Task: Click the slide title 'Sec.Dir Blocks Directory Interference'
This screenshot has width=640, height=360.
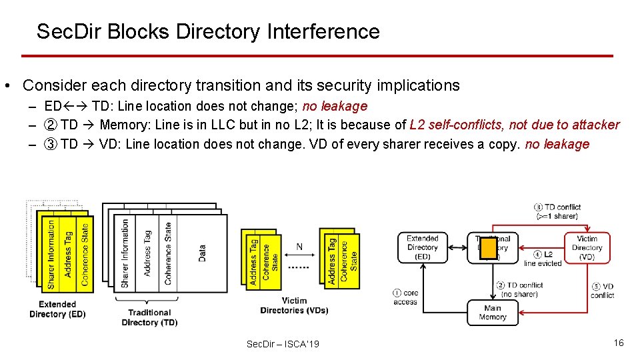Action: tap(208, 31)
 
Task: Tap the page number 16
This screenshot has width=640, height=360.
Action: tap(619, 343)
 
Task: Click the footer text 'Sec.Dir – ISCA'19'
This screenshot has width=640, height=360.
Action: tap(283, 344)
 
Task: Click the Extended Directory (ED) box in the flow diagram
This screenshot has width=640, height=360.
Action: tap(423, 247)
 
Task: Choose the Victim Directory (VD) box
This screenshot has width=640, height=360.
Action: tap(587, 247)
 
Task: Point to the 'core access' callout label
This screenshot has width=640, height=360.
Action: tap(406, 297)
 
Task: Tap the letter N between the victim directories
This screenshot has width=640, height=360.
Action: tap(299, 247)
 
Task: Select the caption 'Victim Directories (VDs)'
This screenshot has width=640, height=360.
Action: tap(294, 305)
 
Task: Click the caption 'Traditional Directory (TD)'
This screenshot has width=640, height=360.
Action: tap(149, 317)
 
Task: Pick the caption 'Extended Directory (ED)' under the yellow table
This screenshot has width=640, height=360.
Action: tap(57, 309)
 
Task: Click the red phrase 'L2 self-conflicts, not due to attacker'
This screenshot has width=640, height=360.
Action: tap(515, 125)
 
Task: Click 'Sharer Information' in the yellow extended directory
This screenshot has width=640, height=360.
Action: tap(51, 254)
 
